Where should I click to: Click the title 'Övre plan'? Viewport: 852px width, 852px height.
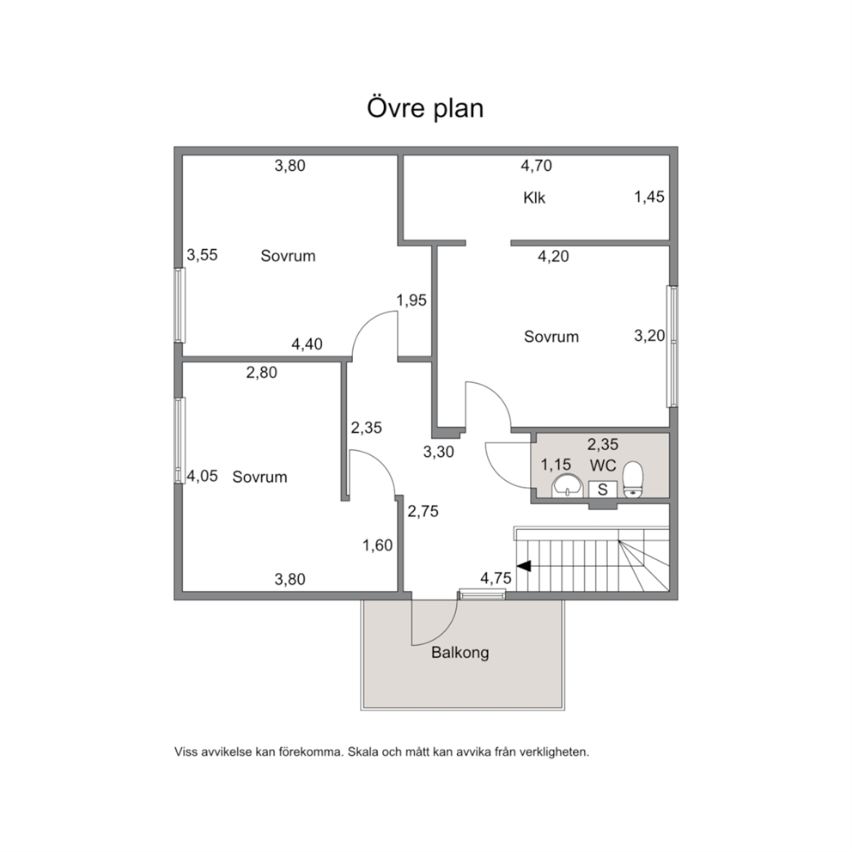click(425, 107)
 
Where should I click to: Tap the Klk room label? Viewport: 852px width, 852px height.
click(534, 198)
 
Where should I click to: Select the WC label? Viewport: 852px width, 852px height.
click(603, 466)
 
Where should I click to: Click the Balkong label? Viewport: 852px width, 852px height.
click(459, 652)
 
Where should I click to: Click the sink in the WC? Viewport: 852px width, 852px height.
click(567, 485)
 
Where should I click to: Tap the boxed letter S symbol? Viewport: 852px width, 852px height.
click(603, 490)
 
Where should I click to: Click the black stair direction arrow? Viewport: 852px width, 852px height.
click(524, 566)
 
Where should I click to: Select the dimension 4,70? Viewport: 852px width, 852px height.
click(536, 165)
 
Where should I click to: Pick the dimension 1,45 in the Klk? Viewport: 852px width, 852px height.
click(649, 197)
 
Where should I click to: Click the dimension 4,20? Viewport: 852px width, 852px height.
click(553, 256)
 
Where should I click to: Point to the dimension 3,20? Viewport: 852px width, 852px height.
click(649, 336)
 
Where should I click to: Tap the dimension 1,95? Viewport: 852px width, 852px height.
click(411, 300)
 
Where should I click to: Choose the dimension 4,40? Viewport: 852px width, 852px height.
click(307, 344)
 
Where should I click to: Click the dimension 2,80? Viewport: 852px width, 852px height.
click(261, 372)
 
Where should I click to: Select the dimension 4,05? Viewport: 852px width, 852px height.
click(202, 476)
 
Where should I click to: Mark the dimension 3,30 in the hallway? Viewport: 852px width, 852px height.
click(439, 452)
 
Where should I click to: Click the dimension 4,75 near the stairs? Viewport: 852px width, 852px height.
click(496, 578)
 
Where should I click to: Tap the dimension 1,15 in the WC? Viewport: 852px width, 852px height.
click(556, 465)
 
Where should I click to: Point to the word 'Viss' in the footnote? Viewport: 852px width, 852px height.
click(186, 752)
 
